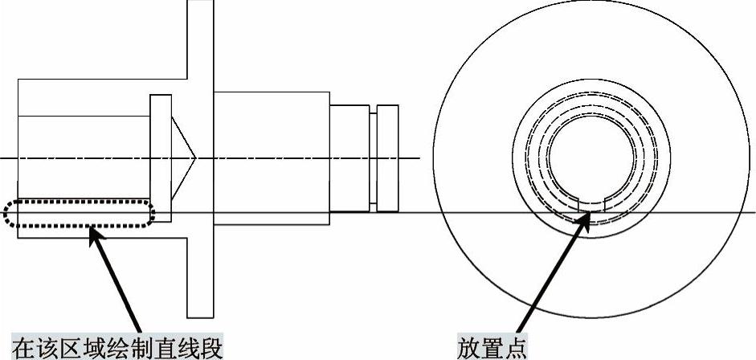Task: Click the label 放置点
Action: click(492, 348)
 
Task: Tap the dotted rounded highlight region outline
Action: click(79, 213)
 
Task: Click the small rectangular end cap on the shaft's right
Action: click(388, 157)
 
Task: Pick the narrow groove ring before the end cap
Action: click(373, 157)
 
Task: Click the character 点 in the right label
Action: click(515, 348)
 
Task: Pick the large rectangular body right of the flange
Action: click(272, 153)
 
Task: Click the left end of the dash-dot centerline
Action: click(2, 157)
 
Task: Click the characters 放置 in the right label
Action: click(480, 348)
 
